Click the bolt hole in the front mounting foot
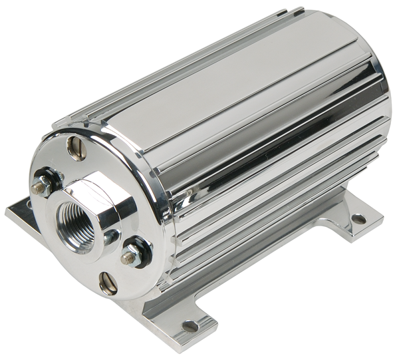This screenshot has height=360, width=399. [190, 326]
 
